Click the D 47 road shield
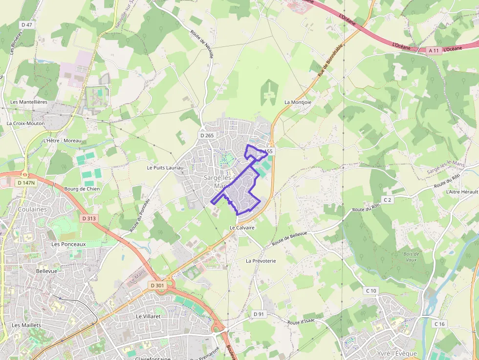(x=27, y=24)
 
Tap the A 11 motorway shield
(x=433, y=50)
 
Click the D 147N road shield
(x=26, y=183)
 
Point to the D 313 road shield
(x=89, y=218)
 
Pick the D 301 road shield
(x=157, y=285)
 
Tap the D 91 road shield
(x=259, y=314)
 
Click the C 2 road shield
(x=388, y=200)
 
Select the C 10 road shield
(x=371, y=291)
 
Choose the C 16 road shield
(x=440, y=324)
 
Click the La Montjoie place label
(x=298, y=102)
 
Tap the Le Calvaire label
(x=242, y=228)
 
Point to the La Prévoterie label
(x=261, y=261)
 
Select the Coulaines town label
(x=32, y=209)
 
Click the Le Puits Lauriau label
(x=165, y=168)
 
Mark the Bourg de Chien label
(x=82, y=189)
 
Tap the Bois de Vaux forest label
(x=412, y=257)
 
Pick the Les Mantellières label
(x=29, y=102)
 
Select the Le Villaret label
(x=148, y=316)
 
